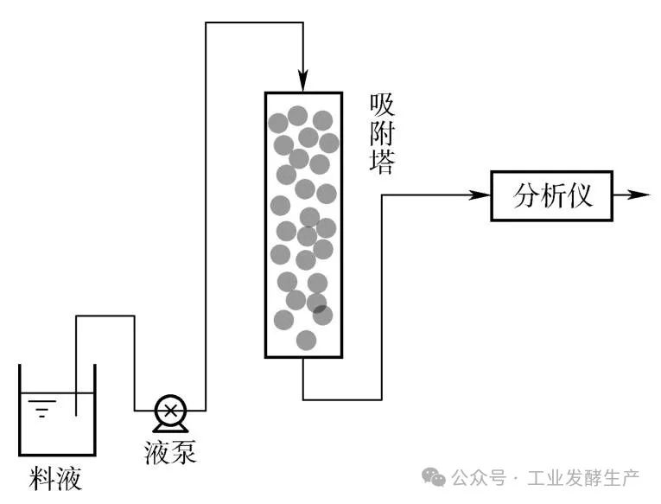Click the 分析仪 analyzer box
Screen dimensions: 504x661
(553, 195)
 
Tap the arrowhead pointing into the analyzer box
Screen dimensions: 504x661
(482, 195)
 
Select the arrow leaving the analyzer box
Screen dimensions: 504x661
(639, 195)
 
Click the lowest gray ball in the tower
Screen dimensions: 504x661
(306, 340)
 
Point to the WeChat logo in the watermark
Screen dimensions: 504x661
(433, 476)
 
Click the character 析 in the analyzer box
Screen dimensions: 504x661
(553, 195)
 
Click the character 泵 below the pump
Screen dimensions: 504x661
(183, 451)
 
